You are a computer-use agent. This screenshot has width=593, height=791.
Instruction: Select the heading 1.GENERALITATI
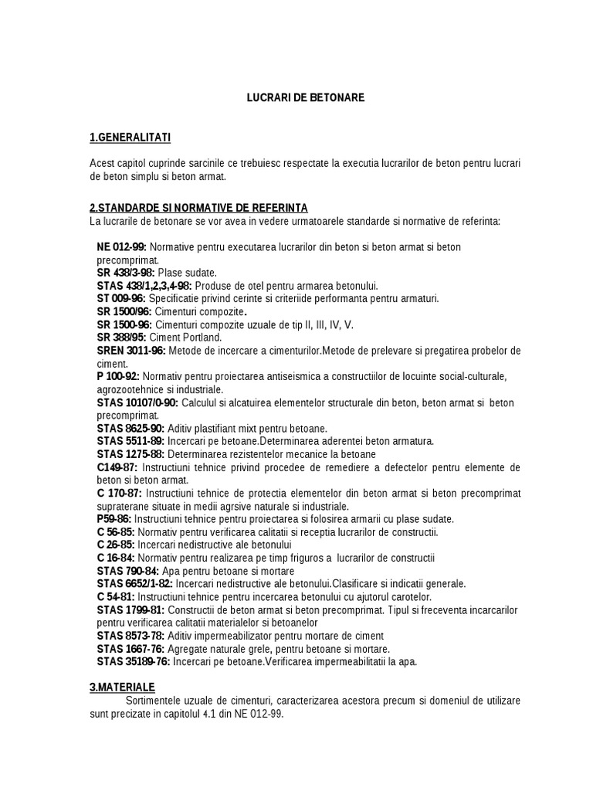click(x=130, y=137)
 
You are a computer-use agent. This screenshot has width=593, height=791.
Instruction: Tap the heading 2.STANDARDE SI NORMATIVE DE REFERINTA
click(x=198, y=208)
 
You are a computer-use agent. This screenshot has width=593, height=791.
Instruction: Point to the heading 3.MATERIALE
click(x=122, y=687)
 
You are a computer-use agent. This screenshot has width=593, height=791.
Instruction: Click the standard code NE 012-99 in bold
click(x=122, y=246)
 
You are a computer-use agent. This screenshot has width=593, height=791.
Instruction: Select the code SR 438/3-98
click(x=126, y=273)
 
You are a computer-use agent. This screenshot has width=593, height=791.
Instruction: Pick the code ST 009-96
click(x=121, y=298)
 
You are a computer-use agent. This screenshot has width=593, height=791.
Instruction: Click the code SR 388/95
click(x=121, y=338)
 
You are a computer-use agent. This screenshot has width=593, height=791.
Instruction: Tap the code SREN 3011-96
click(x=130, y=351)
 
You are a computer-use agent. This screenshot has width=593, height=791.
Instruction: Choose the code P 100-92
click(x=118, y=376)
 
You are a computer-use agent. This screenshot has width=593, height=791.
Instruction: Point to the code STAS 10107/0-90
click(x=138, y=402)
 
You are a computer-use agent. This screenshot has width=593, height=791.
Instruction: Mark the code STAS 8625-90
click(x=130, y=428)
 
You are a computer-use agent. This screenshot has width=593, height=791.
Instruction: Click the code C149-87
click(x=117, y=467)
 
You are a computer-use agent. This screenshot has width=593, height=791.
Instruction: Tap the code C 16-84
click(x=116, y=558)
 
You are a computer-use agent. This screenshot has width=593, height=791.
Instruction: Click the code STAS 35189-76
click(x=133, y=661)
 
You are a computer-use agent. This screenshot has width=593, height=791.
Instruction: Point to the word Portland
click(x=203, y=338)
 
